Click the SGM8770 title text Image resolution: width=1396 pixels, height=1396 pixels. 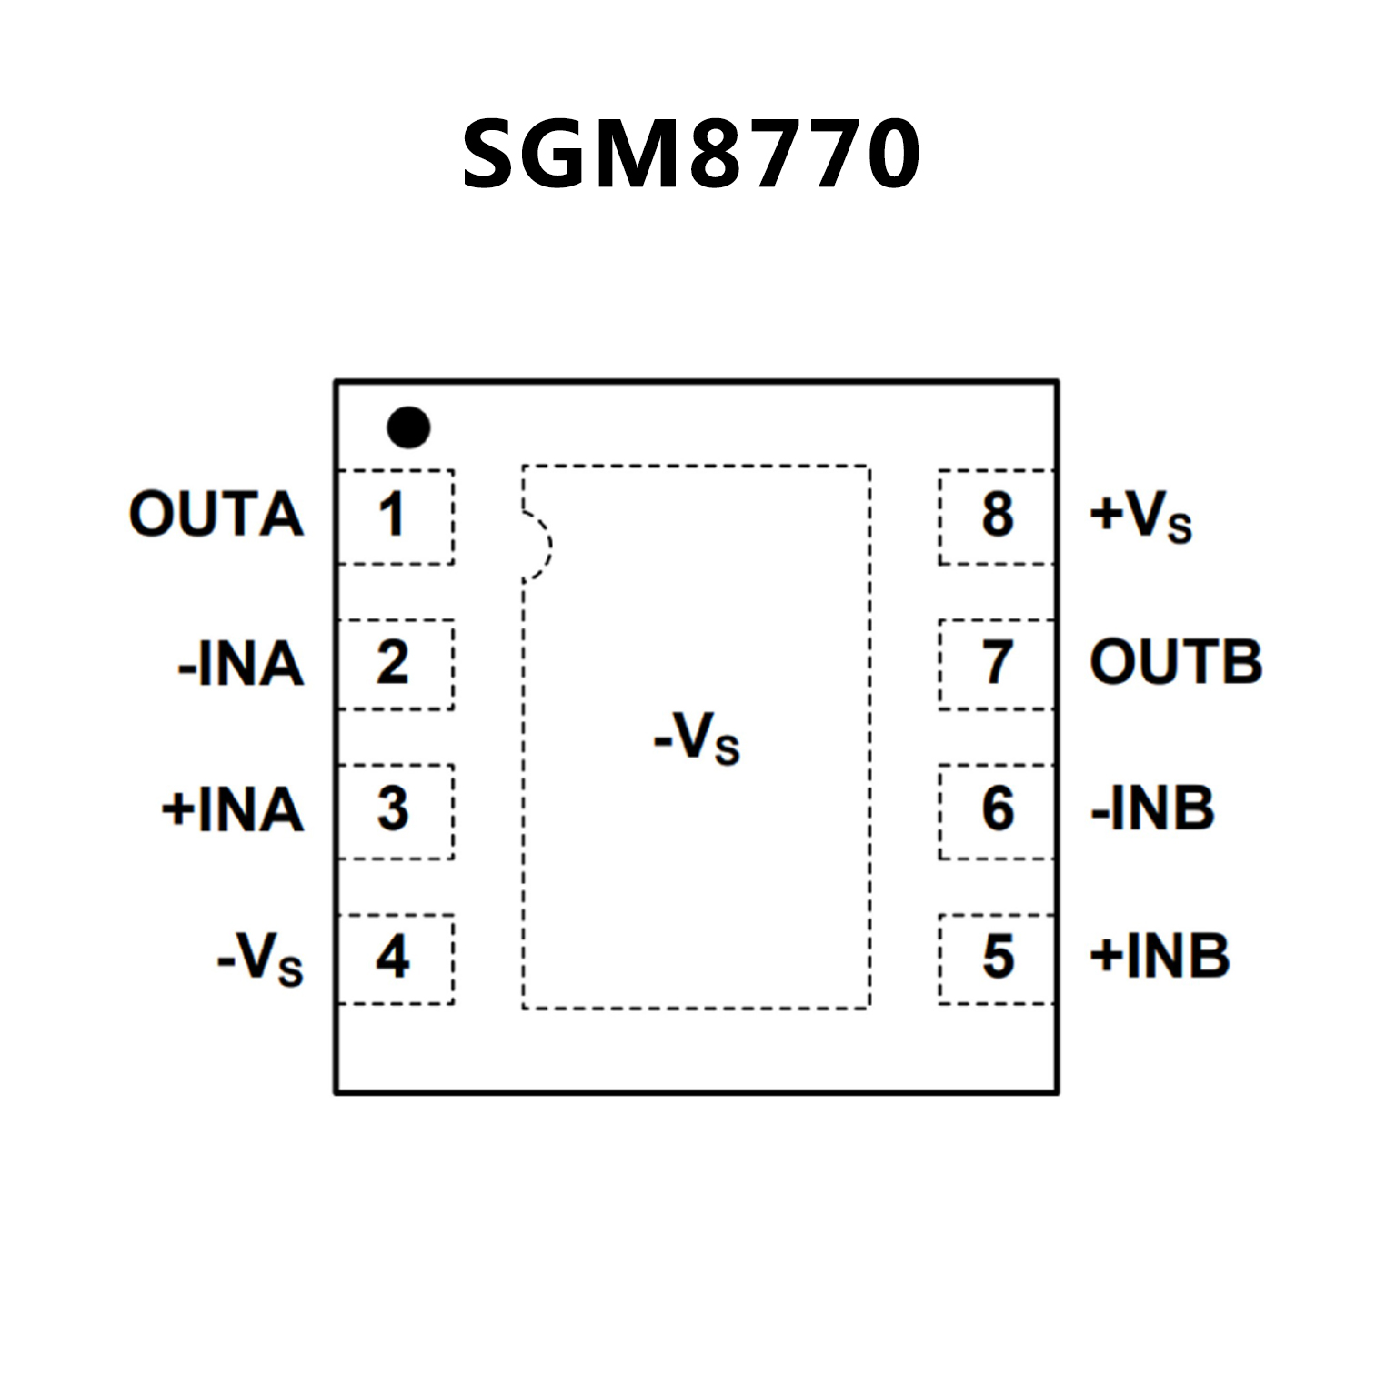click(691, 155)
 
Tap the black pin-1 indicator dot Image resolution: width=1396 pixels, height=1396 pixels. click(408, 427)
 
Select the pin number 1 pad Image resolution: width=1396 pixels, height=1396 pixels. click(395, 517)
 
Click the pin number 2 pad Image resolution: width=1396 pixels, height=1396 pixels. click(395, 664)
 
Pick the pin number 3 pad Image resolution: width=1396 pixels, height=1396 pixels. click(395, 810)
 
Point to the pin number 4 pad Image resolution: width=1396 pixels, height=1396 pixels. click(395, 959)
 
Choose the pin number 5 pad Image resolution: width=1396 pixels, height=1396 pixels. click(997, 959)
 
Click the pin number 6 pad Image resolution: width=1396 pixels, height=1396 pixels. click(997, 810)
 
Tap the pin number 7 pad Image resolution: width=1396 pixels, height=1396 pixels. click(997, 664)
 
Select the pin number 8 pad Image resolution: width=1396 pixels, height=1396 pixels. click(997, 517)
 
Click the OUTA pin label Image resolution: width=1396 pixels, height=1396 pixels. click(216, 515)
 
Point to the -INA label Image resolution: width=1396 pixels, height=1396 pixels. click(241, 664)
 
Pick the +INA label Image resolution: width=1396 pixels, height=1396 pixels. click(233, 809)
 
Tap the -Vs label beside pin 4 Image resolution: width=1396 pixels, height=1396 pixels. click(260, 959)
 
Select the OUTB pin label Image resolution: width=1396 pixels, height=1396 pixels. click(1176, 662)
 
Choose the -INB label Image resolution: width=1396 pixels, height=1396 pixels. click(1152, 808)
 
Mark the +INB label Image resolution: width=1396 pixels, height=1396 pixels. click(1160, 957)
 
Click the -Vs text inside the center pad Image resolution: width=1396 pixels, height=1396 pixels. click(697, 738)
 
